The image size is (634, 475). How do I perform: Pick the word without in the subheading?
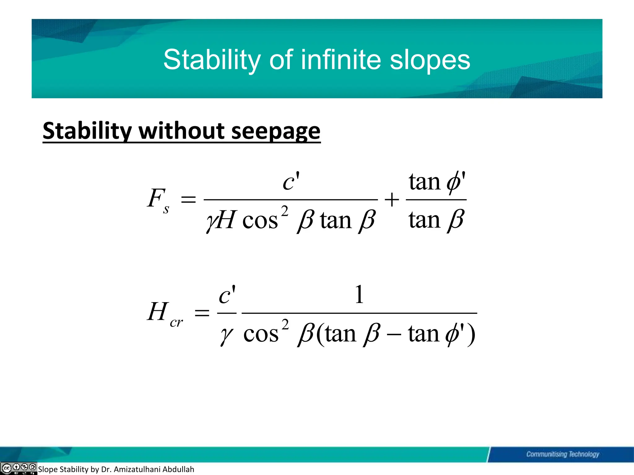pyautogui.click(x=182, y=131)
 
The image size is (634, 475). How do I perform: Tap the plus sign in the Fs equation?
pyautogui.click(x=392, y=199)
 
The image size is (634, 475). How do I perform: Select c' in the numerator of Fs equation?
pyautogui.click(x=291, y=182)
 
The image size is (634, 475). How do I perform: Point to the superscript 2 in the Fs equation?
pyautogui.click(x=285, y=211)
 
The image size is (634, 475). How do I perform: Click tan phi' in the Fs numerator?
pyautogui.click(x=437, y=182)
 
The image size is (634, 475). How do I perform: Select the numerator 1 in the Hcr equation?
pyautogui.click(x=359, y=294)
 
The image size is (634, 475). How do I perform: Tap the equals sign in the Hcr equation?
pyautogui.click(x=202, y=313)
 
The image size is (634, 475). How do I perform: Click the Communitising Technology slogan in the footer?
pyautogui.click(x=562, y=454)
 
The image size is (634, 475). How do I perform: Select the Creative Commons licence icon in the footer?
pyautogui.click(x=19, y=468)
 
